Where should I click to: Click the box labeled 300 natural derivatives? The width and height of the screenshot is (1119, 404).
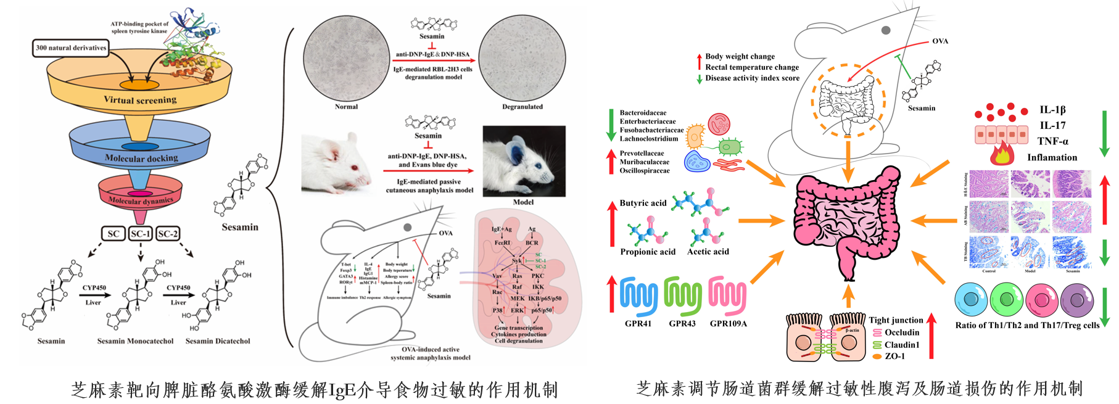click(x=71, y=47)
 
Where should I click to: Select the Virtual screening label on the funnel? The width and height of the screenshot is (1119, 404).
click(x=140, y=99)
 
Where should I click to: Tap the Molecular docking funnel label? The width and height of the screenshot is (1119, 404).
click(x=141, y=158)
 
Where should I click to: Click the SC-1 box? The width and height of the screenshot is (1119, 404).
click(x=141, y=234)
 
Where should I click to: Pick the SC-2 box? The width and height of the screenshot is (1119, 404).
click(x=168, y=234)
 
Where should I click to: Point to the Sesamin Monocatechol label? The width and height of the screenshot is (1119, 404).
click(x=135, y=341)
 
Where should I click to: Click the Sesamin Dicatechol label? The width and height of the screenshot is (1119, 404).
click(x=218, y=341)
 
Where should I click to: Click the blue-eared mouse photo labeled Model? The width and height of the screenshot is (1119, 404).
click(x=524, y=160)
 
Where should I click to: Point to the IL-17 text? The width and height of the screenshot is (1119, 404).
click(x=1052, y=125)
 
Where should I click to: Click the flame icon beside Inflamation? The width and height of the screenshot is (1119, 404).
click(x=1002, y=154)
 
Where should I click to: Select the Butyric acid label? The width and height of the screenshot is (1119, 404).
click(x=643, y=203)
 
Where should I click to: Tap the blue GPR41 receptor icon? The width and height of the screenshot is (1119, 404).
click(x=638, y=295)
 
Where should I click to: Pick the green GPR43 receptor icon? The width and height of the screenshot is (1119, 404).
click(x=683, y=295)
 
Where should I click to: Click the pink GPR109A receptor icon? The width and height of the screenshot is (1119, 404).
click(x=728, y=295)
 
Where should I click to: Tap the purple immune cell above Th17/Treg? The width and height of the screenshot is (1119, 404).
click(x=1077, y=300)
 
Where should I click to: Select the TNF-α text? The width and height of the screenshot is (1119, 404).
click(x=1052, y=141)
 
